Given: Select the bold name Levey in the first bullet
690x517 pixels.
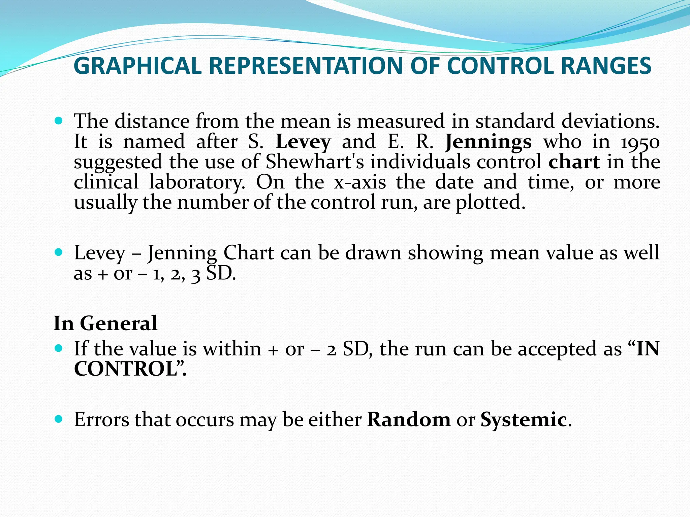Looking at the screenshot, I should pyautogui.click(x=303, y=142).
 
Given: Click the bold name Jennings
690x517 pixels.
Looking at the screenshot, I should pyautogui.click(x=488, y=142).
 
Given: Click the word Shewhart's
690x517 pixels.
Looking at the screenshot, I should pyautogui.click(x=315, y=162).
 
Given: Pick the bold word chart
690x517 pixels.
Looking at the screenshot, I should pyautogui.click(x=574, y=162).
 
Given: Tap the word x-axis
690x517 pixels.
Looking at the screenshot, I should pyautogui.click(x=359, y=182).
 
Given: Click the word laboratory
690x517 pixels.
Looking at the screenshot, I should pyautogui.click(x=197, y=182).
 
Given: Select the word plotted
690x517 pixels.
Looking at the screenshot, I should pyautogui.click(x=490, y=203).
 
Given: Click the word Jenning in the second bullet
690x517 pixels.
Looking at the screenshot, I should pyautogui.click(x=182, y=253).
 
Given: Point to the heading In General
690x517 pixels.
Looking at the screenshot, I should pyautogui.click(x=105, y=323).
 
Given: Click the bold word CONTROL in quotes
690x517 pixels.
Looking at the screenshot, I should pyautogui.click(x=126, y=369).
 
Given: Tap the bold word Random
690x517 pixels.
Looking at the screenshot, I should pyautogui.click(x=409, y=420).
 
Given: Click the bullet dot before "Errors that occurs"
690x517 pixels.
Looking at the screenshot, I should pyautogui.click(x=59, y=419).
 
